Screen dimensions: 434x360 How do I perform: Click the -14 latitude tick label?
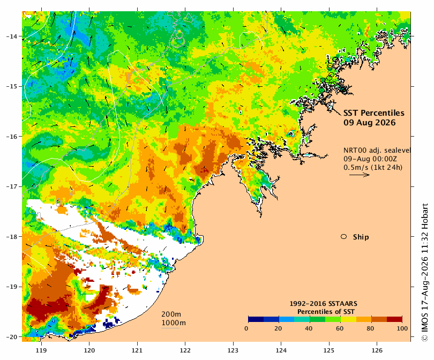tap(12, 36)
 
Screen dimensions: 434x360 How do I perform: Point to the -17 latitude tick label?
tap(12, 186)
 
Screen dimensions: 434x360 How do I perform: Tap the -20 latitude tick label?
tap(12, 337)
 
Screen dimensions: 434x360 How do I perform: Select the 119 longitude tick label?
tap(41, 350)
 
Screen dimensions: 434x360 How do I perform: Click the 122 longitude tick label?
tap(185, 350)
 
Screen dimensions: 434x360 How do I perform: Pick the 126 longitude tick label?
tap(377, 350)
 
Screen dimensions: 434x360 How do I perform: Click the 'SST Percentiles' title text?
tap(373, 113)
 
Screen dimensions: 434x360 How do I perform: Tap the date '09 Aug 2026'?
tap(370, 123)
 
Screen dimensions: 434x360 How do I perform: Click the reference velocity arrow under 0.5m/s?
tap(360, 175)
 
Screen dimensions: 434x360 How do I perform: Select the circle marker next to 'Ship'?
tap(344, 237)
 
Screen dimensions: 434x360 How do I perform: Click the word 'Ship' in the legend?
tap(361, 237)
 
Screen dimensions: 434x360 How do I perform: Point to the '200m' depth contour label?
tap(171, 314)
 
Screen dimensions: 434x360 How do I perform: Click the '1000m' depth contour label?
tap(174, 323)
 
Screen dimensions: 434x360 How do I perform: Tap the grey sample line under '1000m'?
tap(170, 328)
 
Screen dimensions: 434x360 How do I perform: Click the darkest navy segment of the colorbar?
tap(256, 319)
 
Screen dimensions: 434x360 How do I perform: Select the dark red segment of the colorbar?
tap(394, 319)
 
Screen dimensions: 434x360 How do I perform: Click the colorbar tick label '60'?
tap(340, 328)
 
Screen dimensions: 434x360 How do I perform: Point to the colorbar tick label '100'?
tap(402, 328)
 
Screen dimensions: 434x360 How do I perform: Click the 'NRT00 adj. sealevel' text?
tap(377, 151)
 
